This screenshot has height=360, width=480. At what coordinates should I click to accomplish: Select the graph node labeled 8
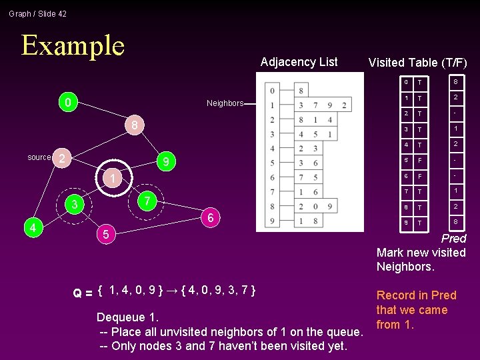[x=134, y=125]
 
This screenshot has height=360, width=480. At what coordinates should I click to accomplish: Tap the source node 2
[x=61, y=158]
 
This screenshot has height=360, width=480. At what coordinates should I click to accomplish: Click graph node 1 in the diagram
[x=114, y=179]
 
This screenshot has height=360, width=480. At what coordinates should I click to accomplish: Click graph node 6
[x=210, y=217]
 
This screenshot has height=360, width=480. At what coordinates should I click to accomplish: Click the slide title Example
[x=73, y=45]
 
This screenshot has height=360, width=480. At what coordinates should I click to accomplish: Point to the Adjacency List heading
[x=299, y=62]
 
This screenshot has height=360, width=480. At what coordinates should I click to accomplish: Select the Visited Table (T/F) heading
[x=417, y=63]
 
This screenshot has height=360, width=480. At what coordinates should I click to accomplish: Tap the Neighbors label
[x=224, y=103]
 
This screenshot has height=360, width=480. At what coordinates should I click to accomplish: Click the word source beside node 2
[x=39, y=157]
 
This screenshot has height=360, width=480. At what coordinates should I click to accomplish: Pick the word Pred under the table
[x=453, y=238]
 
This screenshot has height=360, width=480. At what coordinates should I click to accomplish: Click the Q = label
[x=82, y=293]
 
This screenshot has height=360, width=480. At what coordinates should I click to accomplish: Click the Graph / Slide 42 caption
[x=38, y=14]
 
